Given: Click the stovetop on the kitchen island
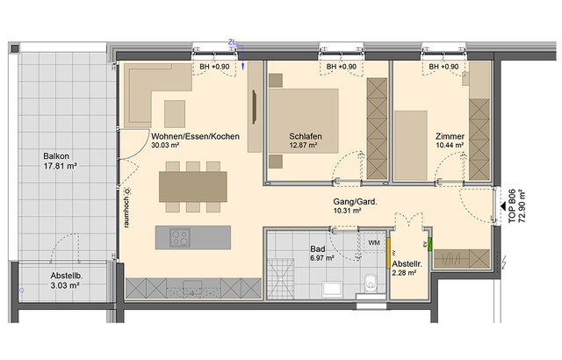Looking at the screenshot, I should (x=181, y=237).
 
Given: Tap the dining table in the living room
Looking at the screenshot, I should (x=192, y=185).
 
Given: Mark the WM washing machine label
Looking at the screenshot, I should (x=373, y=243).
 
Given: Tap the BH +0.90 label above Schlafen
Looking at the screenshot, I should (x=341, y=68).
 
